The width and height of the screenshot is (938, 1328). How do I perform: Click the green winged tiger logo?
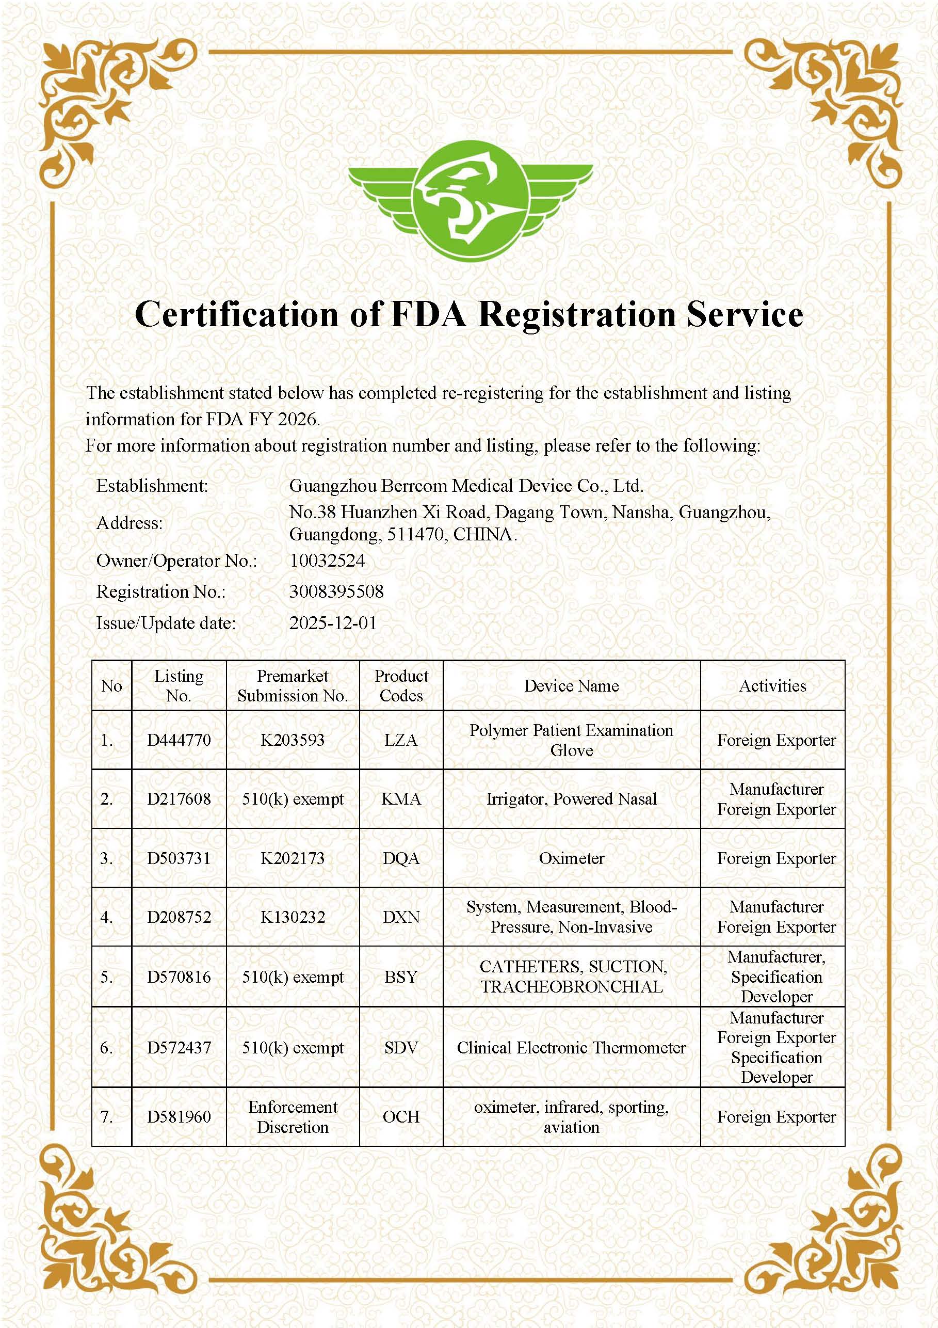[470, 201]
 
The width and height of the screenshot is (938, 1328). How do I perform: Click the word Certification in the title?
[236, 315]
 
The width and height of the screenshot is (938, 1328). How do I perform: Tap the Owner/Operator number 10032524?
[327, 561]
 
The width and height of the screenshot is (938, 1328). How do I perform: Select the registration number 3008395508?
[336, 591]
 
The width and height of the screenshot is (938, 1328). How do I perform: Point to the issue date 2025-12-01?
[332, 623]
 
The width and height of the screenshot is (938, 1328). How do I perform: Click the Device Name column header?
[571, 686]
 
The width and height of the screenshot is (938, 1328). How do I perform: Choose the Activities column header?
[772, 686]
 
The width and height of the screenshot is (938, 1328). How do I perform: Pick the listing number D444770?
[179, 740]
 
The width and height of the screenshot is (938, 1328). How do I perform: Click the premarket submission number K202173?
[293, 858]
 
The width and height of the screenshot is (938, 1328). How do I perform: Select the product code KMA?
[401, 799]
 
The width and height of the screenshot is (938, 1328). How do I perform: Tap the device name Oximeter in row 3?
[571, 858]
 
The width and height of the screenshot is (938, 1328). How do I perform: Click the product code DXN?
[401, 917]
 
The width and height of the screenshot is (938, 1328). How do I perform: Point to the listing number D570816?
[179, 977]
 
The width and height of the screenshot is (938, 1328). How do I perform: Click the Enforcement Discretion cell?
[293, 1117]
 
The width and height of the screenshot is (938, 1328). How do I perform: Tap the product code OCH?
[401, 1117]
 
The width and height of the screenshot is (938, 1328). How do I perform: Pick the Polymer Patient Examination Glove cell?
[571, 740]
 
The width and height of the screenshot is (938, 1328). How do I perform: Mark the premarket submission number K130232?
[293, 917]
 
